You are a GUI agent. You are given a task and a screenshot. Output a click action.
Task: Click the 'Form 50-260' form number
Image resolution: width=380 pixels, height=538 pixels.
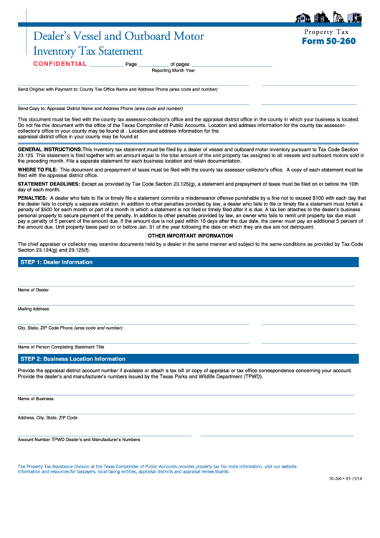coord(328,41)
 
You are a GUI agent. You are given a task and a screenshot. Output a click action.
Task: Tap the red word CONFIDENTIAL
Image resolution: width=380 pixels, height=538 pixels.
coord(60,64)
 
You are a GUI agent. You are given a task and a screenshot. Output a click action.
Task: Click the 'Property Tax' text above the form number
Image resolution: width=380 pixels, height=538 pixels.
coord(327,32)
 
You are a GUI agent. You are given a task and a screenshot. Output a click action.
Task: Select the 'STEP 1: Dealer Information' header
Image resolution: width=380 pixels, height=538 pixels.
coord(57,262)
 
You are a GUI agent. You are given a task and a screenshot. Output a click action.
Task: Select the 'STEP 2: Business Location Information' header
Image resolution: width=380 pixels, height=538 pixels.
coord(72,358)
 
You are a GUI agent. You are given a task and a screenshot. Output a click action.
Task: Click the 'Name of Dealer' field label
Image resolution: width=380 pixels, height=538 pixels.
coord(34,289)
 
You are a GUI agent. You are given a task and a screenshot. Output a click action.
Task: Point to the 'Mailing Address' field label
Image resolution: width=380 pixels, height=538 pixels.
coord(34,309)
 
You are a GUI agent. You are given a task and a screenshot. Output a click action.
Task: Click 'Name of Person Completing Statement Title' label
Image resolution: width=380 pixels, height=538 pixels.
coord(65,346)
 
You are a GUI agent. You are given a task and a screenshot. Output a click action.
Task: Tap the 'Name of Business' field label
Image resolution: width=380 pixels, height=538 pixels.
coord(36,398)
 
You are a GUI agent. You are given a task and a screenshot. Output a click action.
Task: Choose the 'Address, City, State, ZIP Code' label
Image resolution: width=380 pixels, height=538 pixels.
coord(47,417)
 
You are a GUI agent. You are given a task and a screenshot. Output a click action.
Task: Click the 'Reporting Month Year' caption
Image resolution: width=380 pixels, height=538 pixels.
coord(173,70)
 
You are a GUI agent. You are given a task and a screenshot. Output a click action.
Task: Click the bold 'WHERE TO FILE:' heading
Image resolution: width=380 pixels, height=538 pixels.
coord(37,170)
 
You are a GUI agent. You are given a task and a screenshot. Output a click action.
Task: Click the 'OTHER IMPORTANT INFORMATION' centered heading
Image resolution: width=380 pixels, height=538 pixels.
coord(190,236)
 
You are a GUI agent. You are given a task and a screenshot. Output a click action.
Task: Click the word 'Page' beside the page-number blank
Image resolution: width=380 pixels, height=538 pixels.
coord(130,65)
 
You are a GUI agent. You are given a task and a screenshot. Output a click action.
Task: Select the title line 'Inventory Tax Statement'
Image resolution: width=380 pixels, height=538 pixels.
coord(87,51)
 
